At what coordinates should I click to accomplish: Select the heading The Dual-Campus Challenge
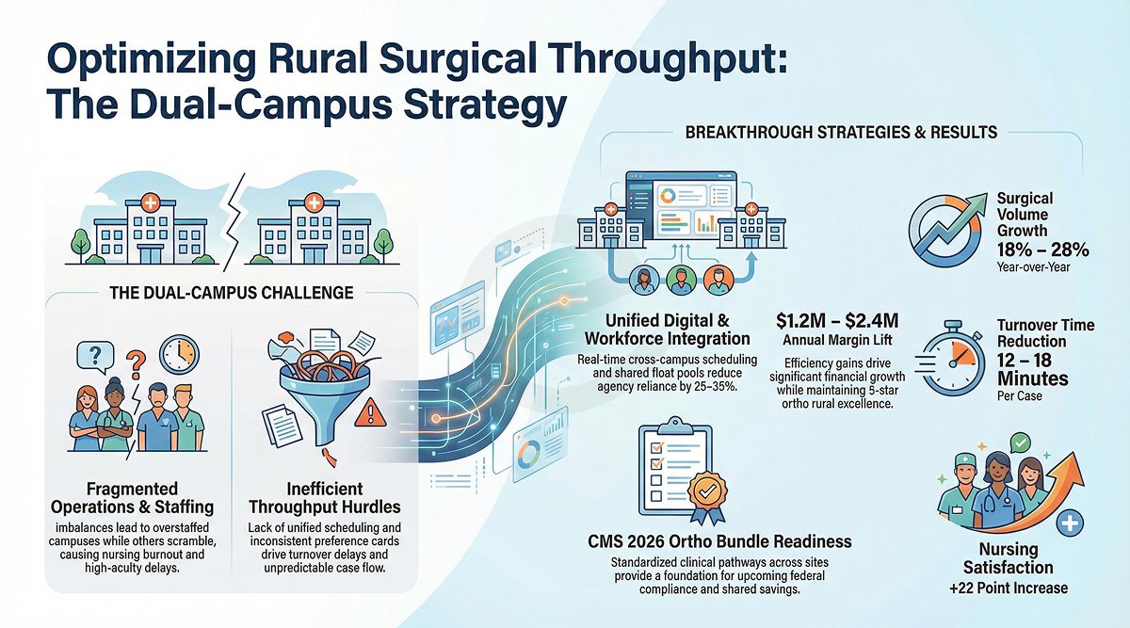pos(232,293)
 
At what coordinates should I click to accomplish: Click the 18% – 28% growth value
pos(1041,250)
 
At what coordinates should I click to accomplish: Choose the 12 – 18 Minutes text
pos(1032,369)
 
